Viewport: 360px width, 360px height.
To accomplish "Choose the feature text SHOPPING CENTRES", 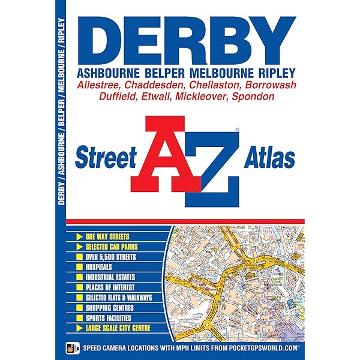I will [x=114, y=308].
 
